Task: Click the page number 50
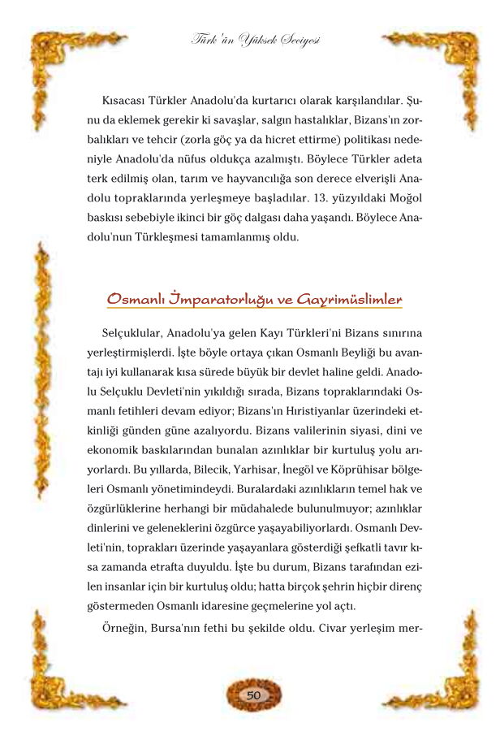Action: (x=252, y=695)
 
